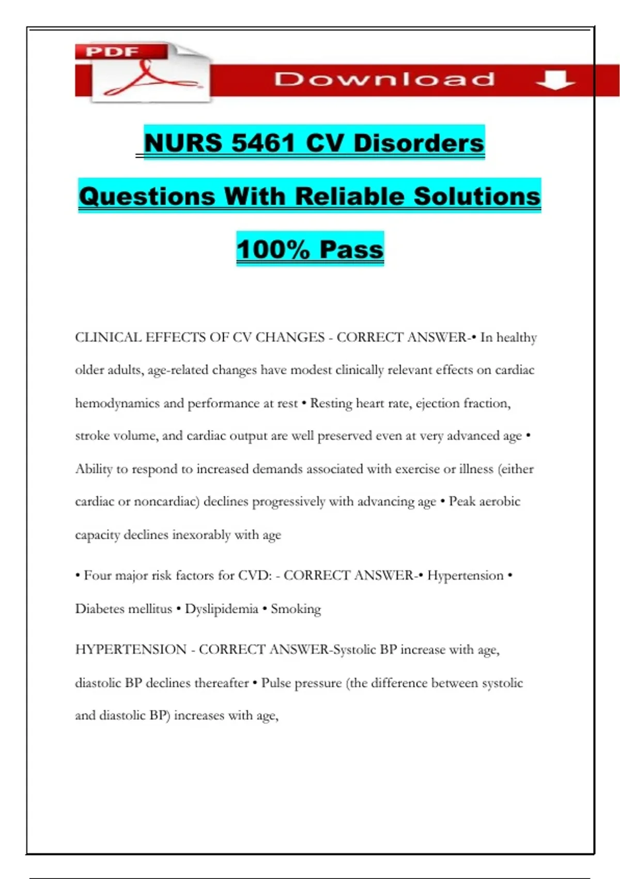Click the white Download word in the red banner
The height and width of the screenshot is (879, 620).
pyautogui.click(x=384, y=79)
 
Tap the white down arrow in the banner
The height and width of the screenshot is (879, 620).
pyautogui.click(x=555, y=80)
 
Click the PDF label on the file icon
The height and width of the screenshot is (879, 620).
pyautogui.click(x=112, y=52)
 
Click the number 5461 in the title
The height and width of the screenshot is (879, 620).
pyautogui.click(x=263, y=143)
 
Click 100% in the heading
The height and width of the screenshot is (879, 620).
pyautogui.click(x=273, y=250)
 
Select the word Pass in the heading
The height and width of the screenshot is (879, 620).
pyautogui.click(x=351, y=250)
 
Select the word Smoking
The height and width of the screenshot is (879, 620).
pyautogui.click(x=296, y=609)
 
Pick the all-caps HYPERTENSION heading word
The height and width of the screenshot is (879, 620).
pyautogui.click(x=131, y=649)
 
